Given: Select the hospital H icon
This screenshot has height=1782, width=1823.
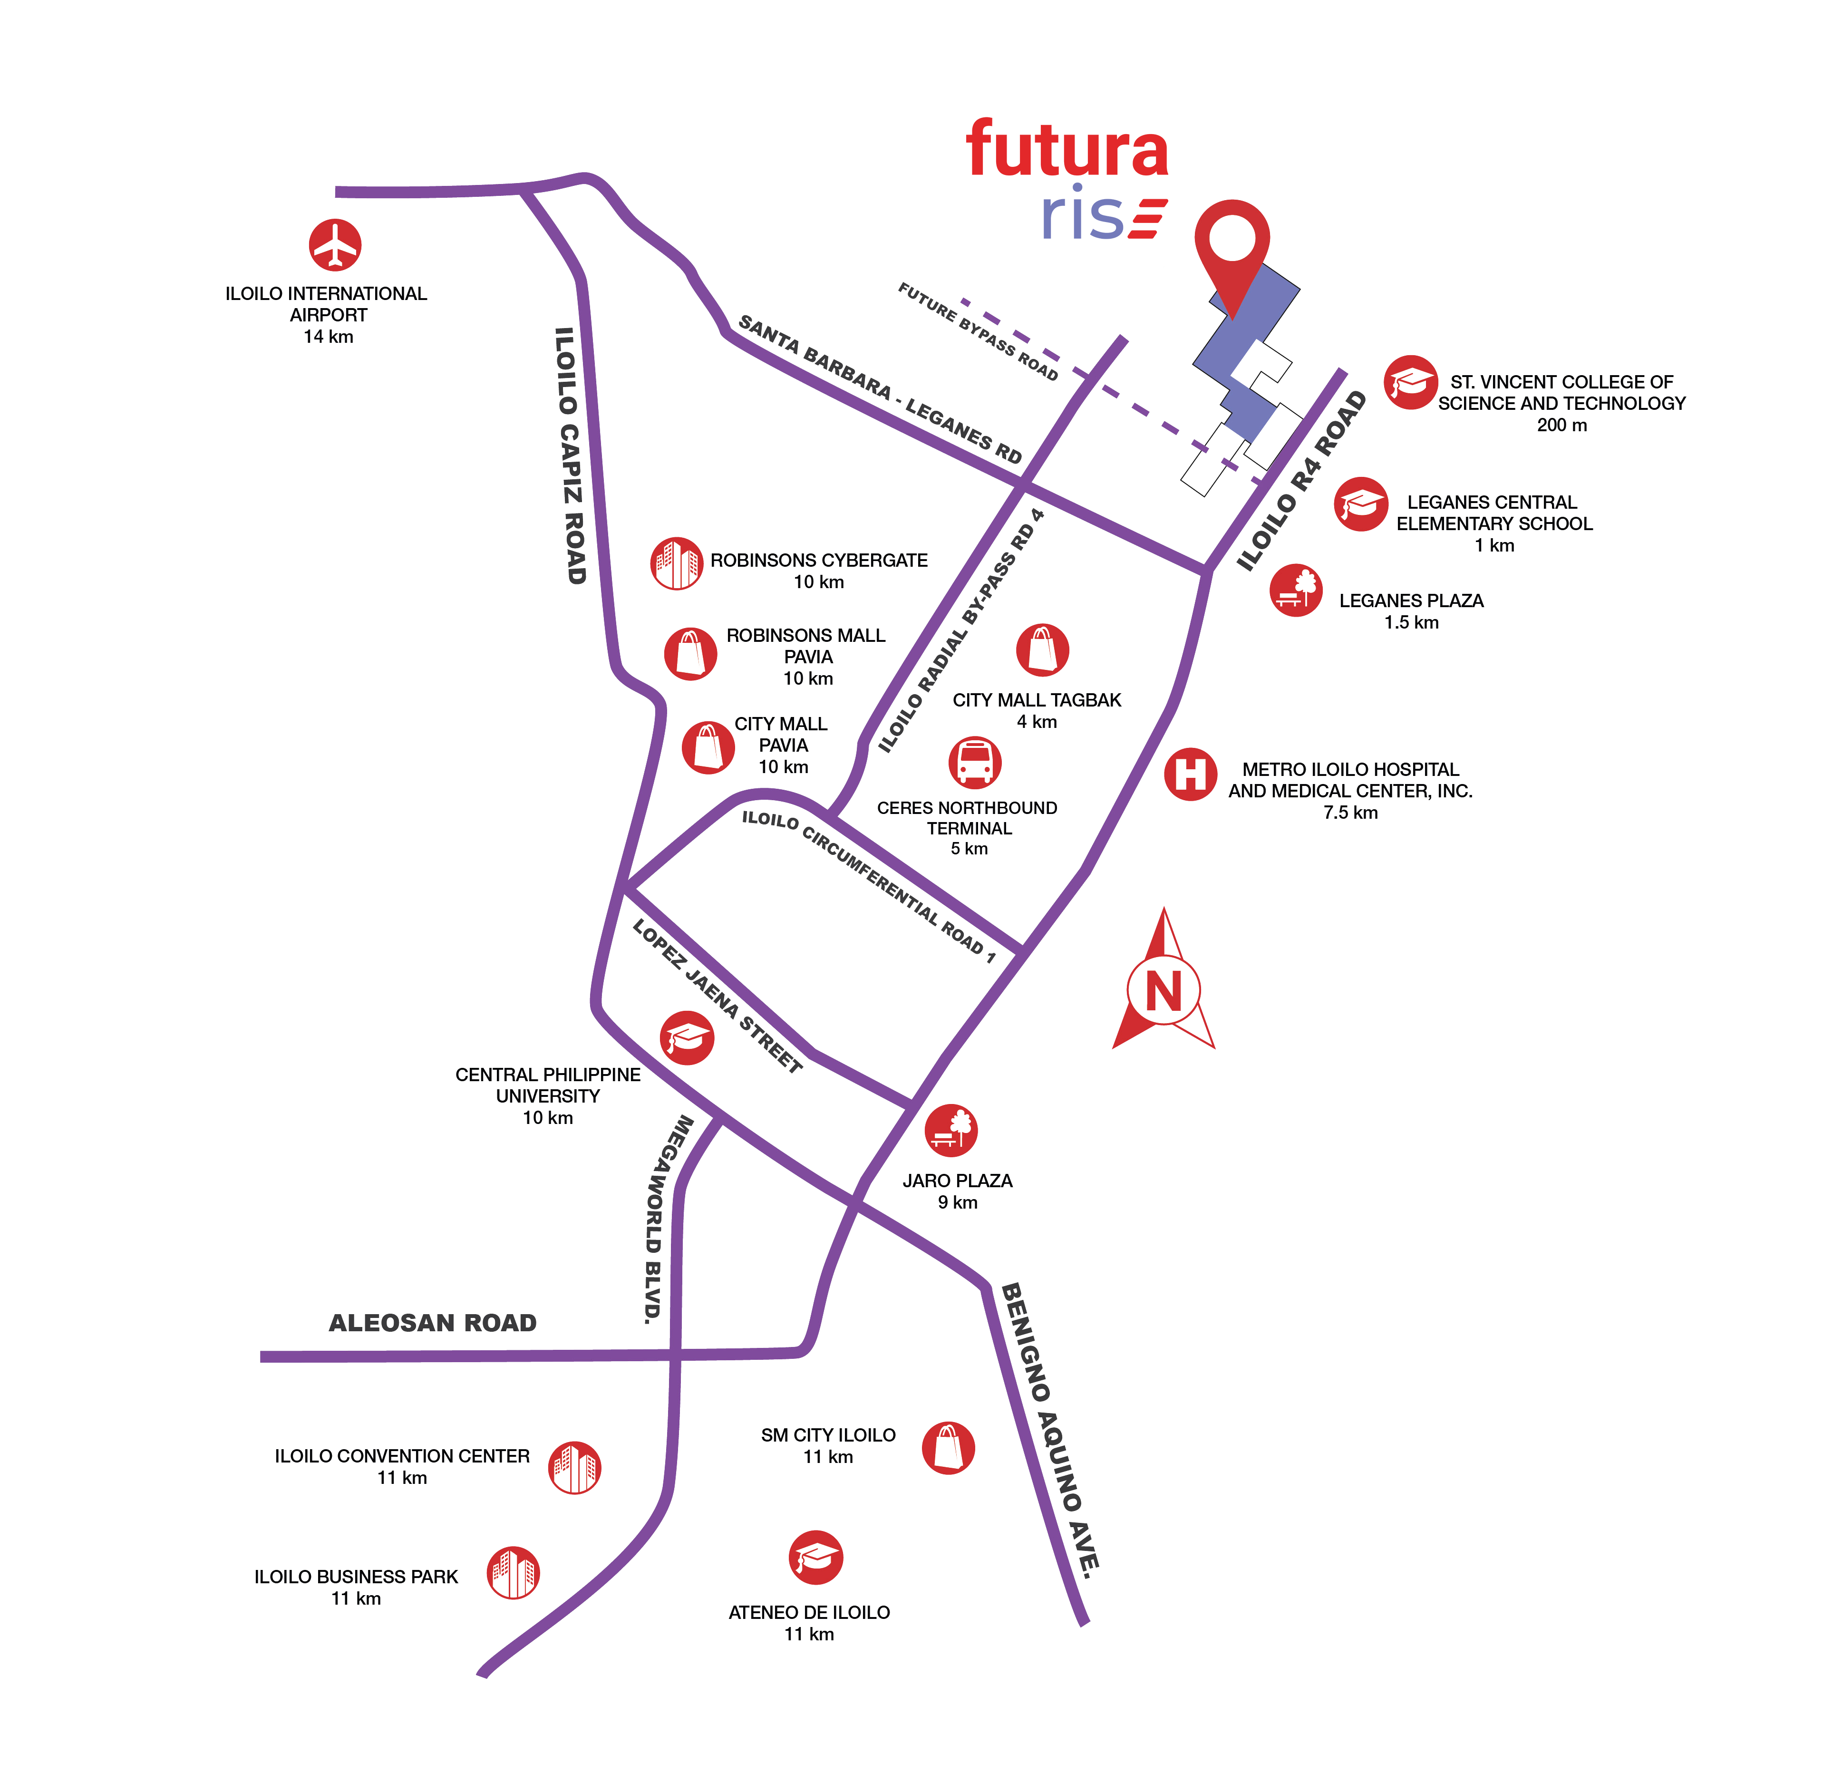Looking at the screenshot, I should tap(1191, 774).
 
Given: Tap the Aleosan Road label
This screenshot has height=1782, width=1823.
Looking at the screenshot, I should tap(432, 1322).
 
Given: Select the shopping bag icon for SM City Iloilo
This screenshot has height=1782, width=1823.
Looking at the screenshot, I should tap(948, 1448).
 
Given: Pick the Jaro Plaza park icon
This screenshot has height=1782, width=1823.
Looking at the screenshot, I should tap(951, 1130).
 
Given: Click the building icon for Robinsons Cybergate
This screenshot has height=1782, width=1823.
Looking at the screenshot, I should tap(676, 563).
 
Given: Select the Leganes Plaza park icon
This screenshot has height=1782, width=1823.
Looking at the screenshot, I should tap(1296, 590).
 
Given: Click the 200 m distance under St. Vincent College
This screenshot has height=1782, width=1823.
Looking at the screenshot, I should tap(1561, 425).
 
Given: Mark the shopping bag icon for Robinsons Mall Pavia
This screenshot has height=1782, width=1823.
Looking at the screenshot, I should tap(691, 653).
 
